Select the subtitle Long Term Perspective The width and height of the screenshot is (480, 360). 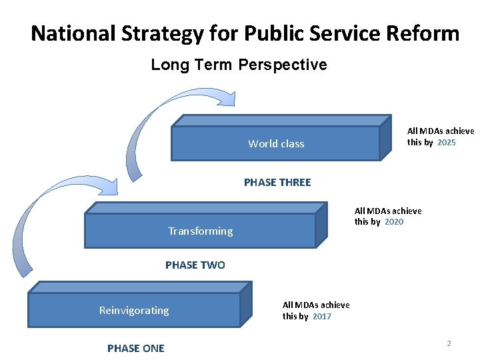239,65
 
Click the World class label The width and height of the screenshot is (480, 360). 276,144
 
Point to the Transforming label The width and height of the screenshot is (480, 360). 200,231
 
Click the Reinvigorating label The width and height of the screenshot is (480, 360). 134,311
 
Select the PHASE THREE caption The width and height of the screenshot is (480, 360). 277,183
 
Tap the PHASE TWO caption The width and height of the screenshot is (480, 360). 195,265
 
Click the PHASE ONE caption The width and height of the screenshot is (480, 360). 136,348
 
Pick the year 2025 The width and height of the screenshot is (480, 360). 447,143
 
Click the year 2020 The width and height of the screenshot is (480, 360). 394,222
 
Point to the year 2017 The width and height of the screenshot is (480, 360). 321,317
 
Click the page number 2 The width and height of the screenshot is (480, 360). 449,343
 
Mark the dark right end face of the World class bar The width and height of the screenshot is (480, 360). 385,138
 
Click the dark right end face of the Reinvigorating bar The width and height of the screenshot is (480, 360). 245,305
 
